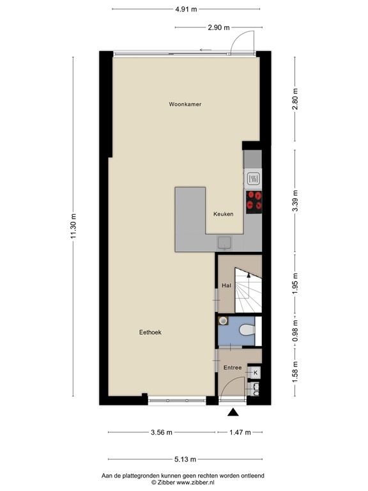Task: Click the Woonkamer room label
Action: coord(185,104)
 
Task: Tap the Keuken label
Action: coord(223,214)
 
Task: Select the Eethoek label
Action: coord(150,332)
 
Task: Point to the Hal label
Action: coord(226,285)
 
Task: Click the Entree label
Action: coord(232,367)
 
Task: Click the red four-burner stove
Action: coord(254,201)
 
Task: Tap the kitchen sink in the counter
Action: coord(225,241)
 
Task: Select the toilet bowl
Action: coord(247,331)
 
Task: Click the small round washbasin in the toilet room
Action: coord(222,322)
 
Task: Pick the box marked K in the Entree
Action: coord(256,372)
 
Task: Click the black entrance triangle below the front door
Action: coord(233,413)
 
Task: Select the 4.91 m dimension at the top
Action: coord(186,9)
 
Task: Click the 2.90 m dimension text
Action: coord(218,28)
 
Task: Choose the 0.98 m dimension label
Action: coord(295,331)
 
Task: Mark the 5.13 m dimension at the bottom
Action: coord(185,459)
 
